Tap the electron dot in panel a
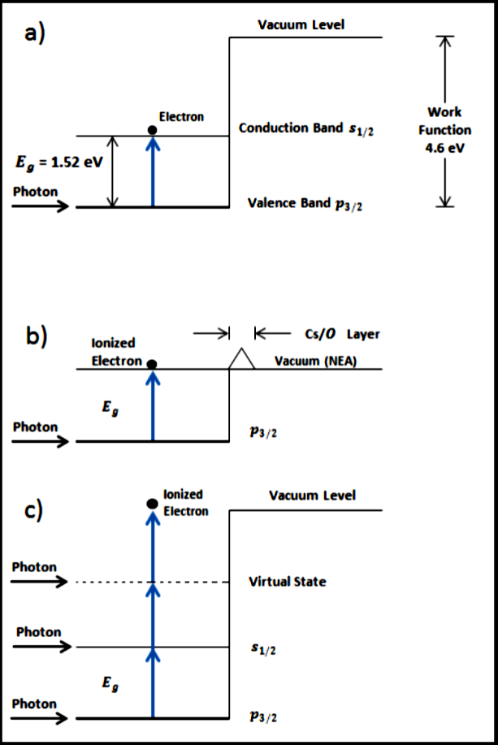click(x=152, y=131)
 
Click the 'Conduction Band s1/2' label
click(x=306, y=129)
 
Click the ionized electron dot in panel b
click(x=152, y=365)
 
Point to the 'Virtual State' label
click(x=287, y=582)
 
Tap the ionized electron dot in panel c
click(x=152, y=504)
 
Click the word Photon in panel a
click(x=35, y=192)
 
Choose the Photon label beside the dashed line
click(x=35, y=567)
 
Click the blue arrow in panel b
click(x=152, y=406)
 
